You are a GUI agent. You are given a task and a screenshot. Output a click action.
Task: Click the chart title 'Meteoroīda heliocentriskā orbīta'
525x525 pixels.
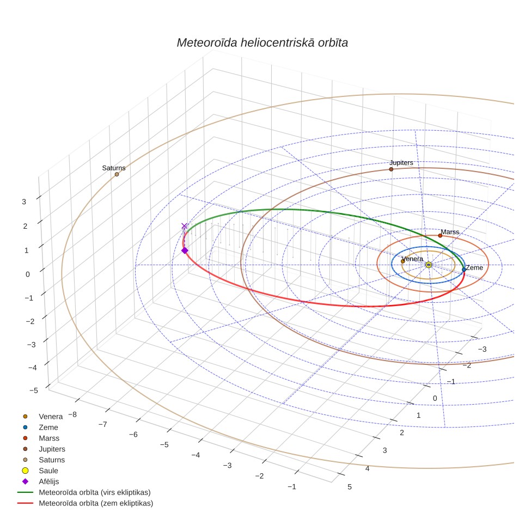pos(262,42)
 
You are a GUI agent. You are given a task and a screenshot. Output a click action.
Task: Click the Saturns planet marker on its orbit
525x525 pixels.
pos(117,174)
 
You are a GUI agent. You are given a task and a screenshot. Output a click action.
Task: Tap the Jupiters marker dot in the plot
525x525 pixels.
pos(391,169)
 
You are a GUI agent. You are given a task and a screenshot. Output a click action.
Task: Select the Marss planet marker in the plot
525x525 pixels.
pos(440,235)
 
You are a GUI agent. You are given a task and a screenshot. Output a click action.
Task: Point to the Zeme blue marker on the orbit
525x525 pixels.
pos(463,269)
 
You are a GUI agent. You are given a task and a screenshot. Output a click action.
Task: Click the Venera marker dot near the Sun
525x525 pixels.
pos(403,261)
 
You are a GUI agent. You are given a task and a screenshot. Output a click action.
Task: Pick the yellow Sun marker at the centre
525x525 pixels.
pos(429,265)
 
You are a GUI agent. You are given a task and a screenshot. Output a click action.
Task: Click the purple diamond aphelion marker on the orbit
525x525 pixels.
pos(185,251)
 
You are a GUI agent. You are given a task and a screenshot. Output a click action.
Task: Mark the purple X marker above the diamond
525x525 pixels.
pos(184,226)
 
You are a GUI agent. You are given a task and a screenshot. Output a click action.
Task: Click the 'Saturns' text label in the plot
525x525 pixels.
pos(114,168)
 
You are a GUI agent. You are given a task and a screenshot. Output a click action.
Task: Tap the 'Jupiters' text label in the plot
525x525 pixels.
pos(401,163)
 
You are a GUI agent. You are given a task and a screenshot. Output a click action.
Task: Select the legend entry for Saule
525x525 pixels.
pos(40,471)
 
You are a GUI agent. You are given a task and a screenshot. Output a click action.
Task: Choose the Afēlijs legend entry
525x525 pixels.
pos(40,481)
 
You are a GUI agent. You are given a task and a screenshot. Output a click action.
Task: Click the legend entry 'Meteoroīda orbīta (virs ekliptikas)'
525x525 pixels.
pos(84,492)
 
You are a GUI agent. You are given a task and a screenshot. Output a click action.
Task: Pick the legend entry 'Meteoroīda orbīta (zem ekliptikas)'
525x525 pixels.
pos(85,503)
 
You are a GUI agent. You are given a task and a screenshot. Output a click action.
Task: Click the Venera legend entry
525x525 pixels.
pos(42,416)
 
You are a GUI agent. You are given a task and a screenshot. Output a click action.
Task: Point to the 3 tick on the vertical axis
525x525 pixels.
pos(24,202)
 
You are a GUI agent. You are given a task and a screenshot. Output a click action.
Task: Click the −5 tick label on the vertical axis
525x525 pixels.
pos(34,390)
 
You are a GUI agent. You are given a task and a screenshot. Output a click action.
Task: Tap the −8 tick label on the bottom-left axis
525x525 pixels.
pos(72,414)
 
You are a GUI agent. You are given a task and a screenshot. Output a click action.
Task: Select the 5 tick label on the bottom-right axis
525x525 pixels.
pos(350,487)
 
